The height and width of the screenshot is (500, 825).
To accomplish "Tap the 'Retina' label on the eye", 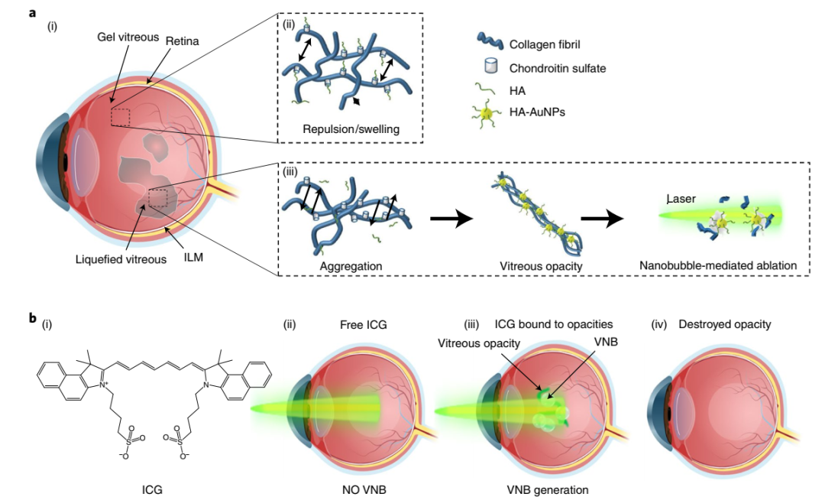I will [x=183, y=41].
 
